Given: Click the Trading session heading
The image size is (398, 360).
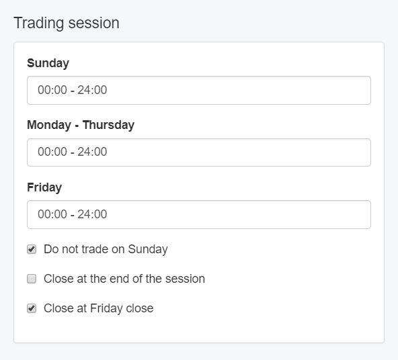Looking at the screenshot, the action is pyautogui.click(x=67, y=23).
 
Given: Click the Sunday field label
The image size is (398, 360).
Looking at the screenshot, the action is pyautogui.click(x=48, y=63).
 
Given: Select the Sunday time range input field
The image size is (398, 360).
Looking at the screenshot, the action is pyautogui.click(x=199, y=90).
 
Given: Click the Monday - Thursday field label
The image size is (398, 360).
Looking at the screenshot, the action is pyautogui.click(x=81, y=125).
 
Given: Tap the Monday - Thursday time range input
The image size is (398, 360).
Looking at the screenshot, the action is pyautogui.click(x=199, y=152).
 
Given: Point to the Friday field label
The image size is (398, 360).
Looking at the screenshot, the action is pyautogui.click(x=44, y=187).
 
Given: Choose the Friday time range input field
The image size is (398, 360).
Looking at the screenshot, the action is pyautogui.click(x=199, y=214).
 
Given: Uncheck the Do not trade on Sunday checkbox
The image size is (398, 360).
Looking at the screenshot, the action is pyautogui.click(x=32, y=249).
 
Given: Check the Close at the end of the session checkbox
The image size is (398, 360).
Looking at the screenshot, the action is pyautogui.click(x=32, y=279).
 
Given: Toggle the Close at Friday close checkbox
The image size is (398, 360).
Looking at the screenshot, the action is pyautogui.click(x=32, y=308).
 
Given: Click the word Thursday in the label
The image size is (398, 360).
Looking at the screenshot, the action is pyautogui.click(x=109, y=125).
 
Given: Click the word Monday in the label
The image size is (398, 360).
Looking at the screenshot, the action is pyautogui.click(x=49, y=125).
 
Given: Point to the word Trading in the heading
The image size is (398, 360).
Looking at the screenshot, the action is pyautogui.click(x=39, y=23).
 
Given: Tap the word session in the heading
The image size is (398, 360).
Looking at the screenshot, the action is pyautogui.click(x=94, y=23).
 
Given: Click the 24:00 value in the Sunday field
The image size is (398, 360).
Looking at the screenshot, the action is pyautogui.click(x=92, y=90).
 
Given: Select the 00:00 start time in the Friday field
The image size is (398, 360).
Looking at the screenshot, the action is pyautogui.click(x=52, y=214).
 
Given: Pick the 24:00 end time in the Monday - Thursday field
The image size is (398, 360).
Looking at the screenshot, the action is pyautogui.click(x=92, y=152).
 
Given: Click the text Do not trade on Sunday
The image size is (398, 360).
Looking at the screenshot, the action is pyautogui.click(x=106, y=249).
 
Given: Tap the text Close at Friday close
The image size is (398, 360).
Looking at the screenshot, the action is pyautogui.click(x=98, y=308).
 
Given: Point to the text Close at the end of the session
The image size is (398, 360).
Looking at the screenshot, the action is pyautogui.click(x=124, y=279).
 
